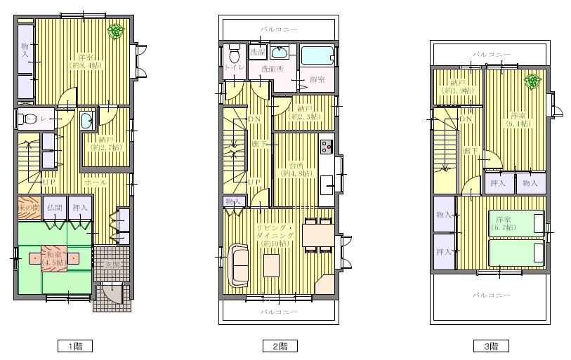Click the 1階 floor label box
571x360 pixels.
coord(74,346)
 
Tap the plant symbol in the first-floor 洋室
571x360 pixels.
coord(117,31)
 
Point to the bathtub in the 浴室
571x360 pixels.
coord(319,55)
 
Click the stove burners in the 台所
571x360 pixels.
coord(327,146)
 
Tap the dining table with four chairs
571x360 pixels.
coord(319,235)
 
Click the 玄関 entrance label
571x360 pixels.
coord(112,265)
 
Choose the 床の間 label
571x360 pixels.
coord(29,208)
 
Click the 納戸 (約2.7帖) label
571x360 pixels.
coord(106,143)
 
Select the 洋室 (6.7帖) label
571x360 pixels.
coord(503,223)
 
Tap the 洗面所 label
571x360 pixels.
coord(272,69)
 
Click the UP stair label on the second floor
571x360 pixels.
coord(255,181)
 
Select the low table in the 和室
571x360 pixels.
coord(53,257)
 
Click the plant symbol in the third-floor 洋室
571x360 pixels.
coord(533,81)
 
